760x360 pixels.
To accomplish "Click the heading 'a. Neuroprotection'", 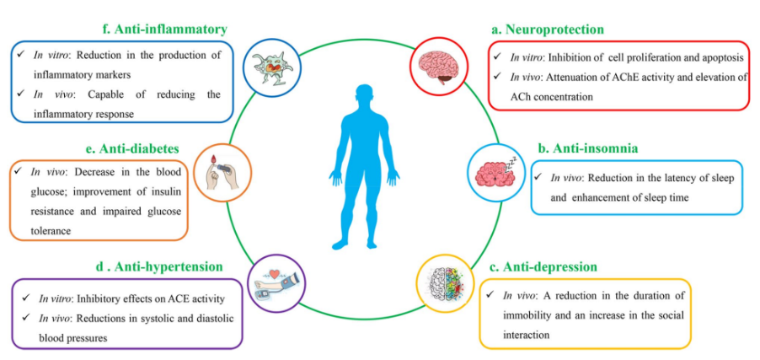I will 548,30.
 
